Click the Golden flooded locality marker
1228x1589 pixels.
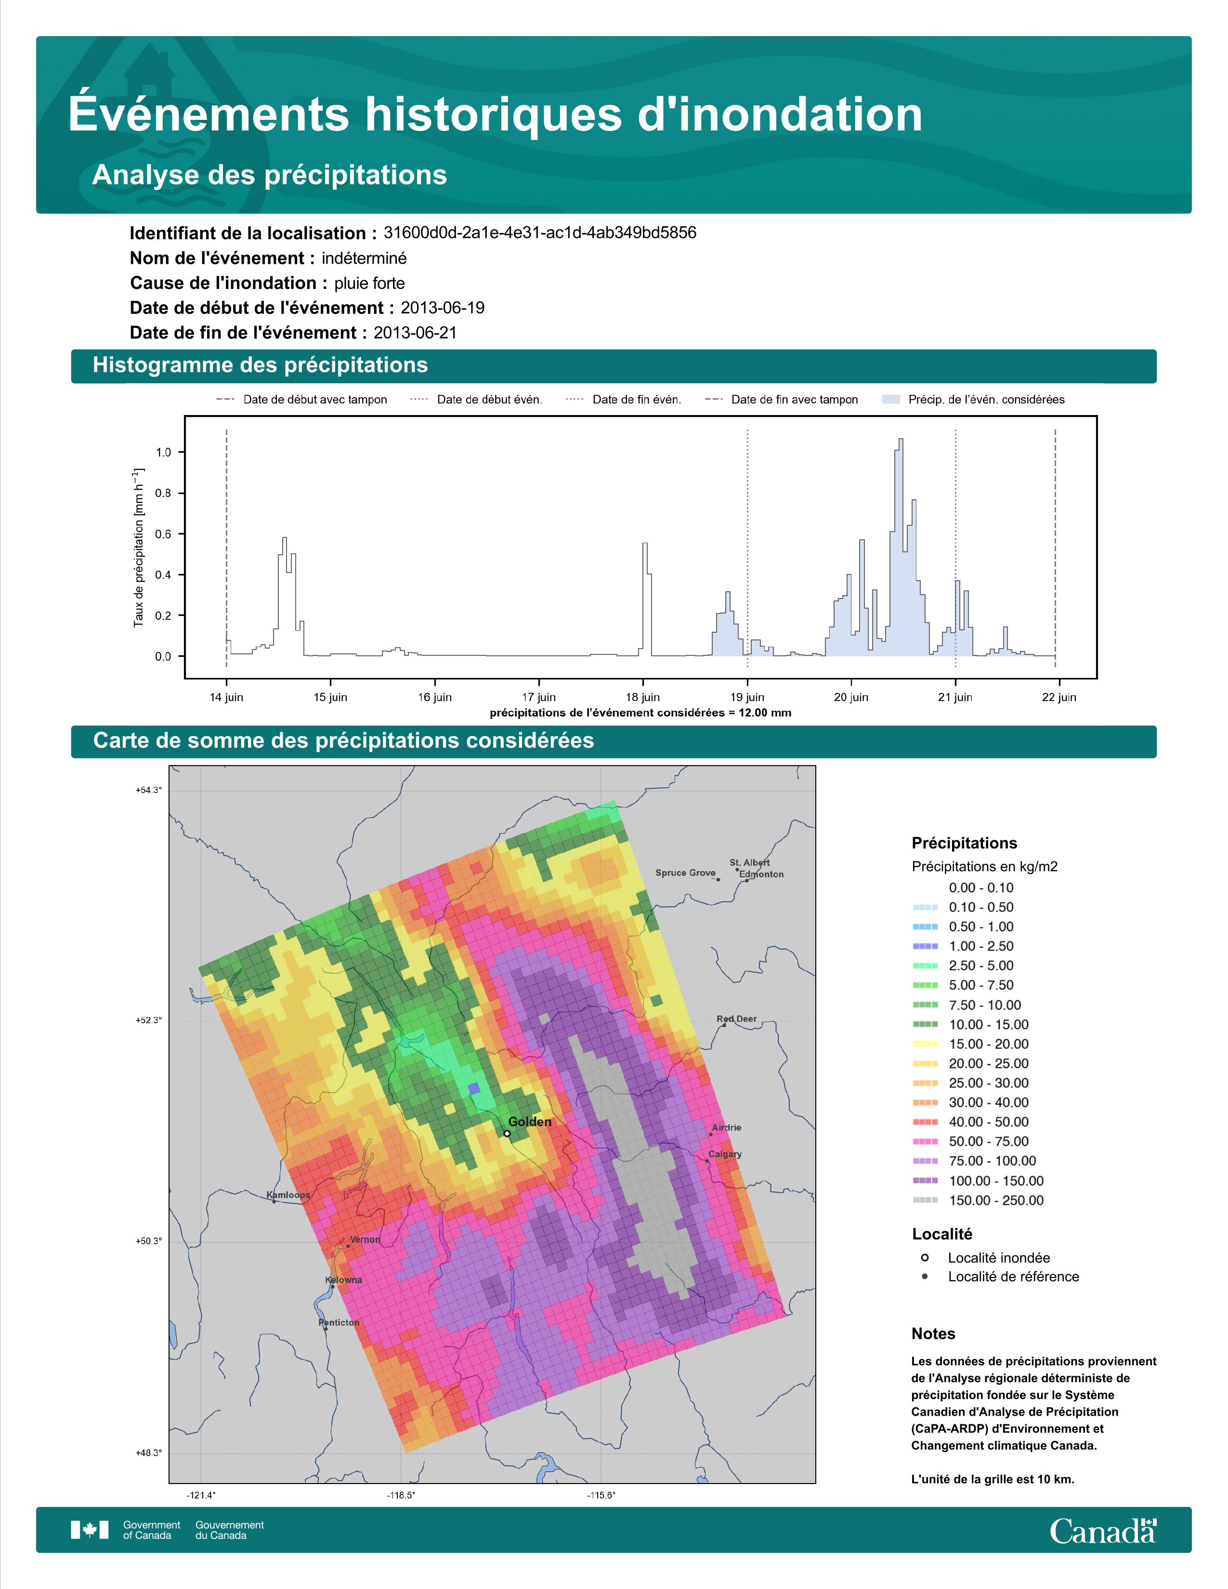507,1133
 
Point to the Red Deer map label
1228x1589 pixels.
736,1019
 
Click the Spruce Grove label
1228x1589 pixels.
685,873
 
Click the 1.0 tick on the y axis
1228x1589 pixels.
164,453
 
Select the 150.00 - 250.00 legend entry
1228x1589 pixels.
979,1200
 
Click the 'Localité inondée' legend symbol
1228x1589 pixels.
925,1258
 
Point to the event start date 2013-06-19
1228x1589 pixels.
442,308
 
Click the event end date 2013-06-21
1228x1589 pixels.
416,333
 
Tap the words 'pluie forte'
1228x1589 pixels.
369,283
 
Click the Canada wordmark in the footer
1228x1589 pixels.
1103,1532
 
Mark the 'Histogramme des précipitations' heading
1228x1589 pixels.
261,365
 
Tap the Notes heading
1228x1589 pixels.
933,1334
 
